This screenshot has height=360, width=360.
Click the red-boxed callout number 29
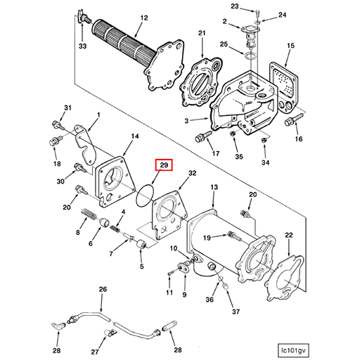click(162, 166)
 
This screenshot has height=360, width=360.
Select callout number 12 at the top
click(143, 18)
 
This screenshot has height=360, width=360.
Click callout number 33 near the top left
click(82, 46)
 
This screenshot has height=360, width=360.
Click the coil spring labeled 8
click(89, 216)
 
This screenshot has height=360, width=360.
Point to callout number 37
click(234, 312)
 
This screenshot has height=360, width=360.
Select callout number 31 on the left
click(68, 108)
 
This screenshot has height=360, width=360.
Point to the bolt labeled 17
click(205, 136)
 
